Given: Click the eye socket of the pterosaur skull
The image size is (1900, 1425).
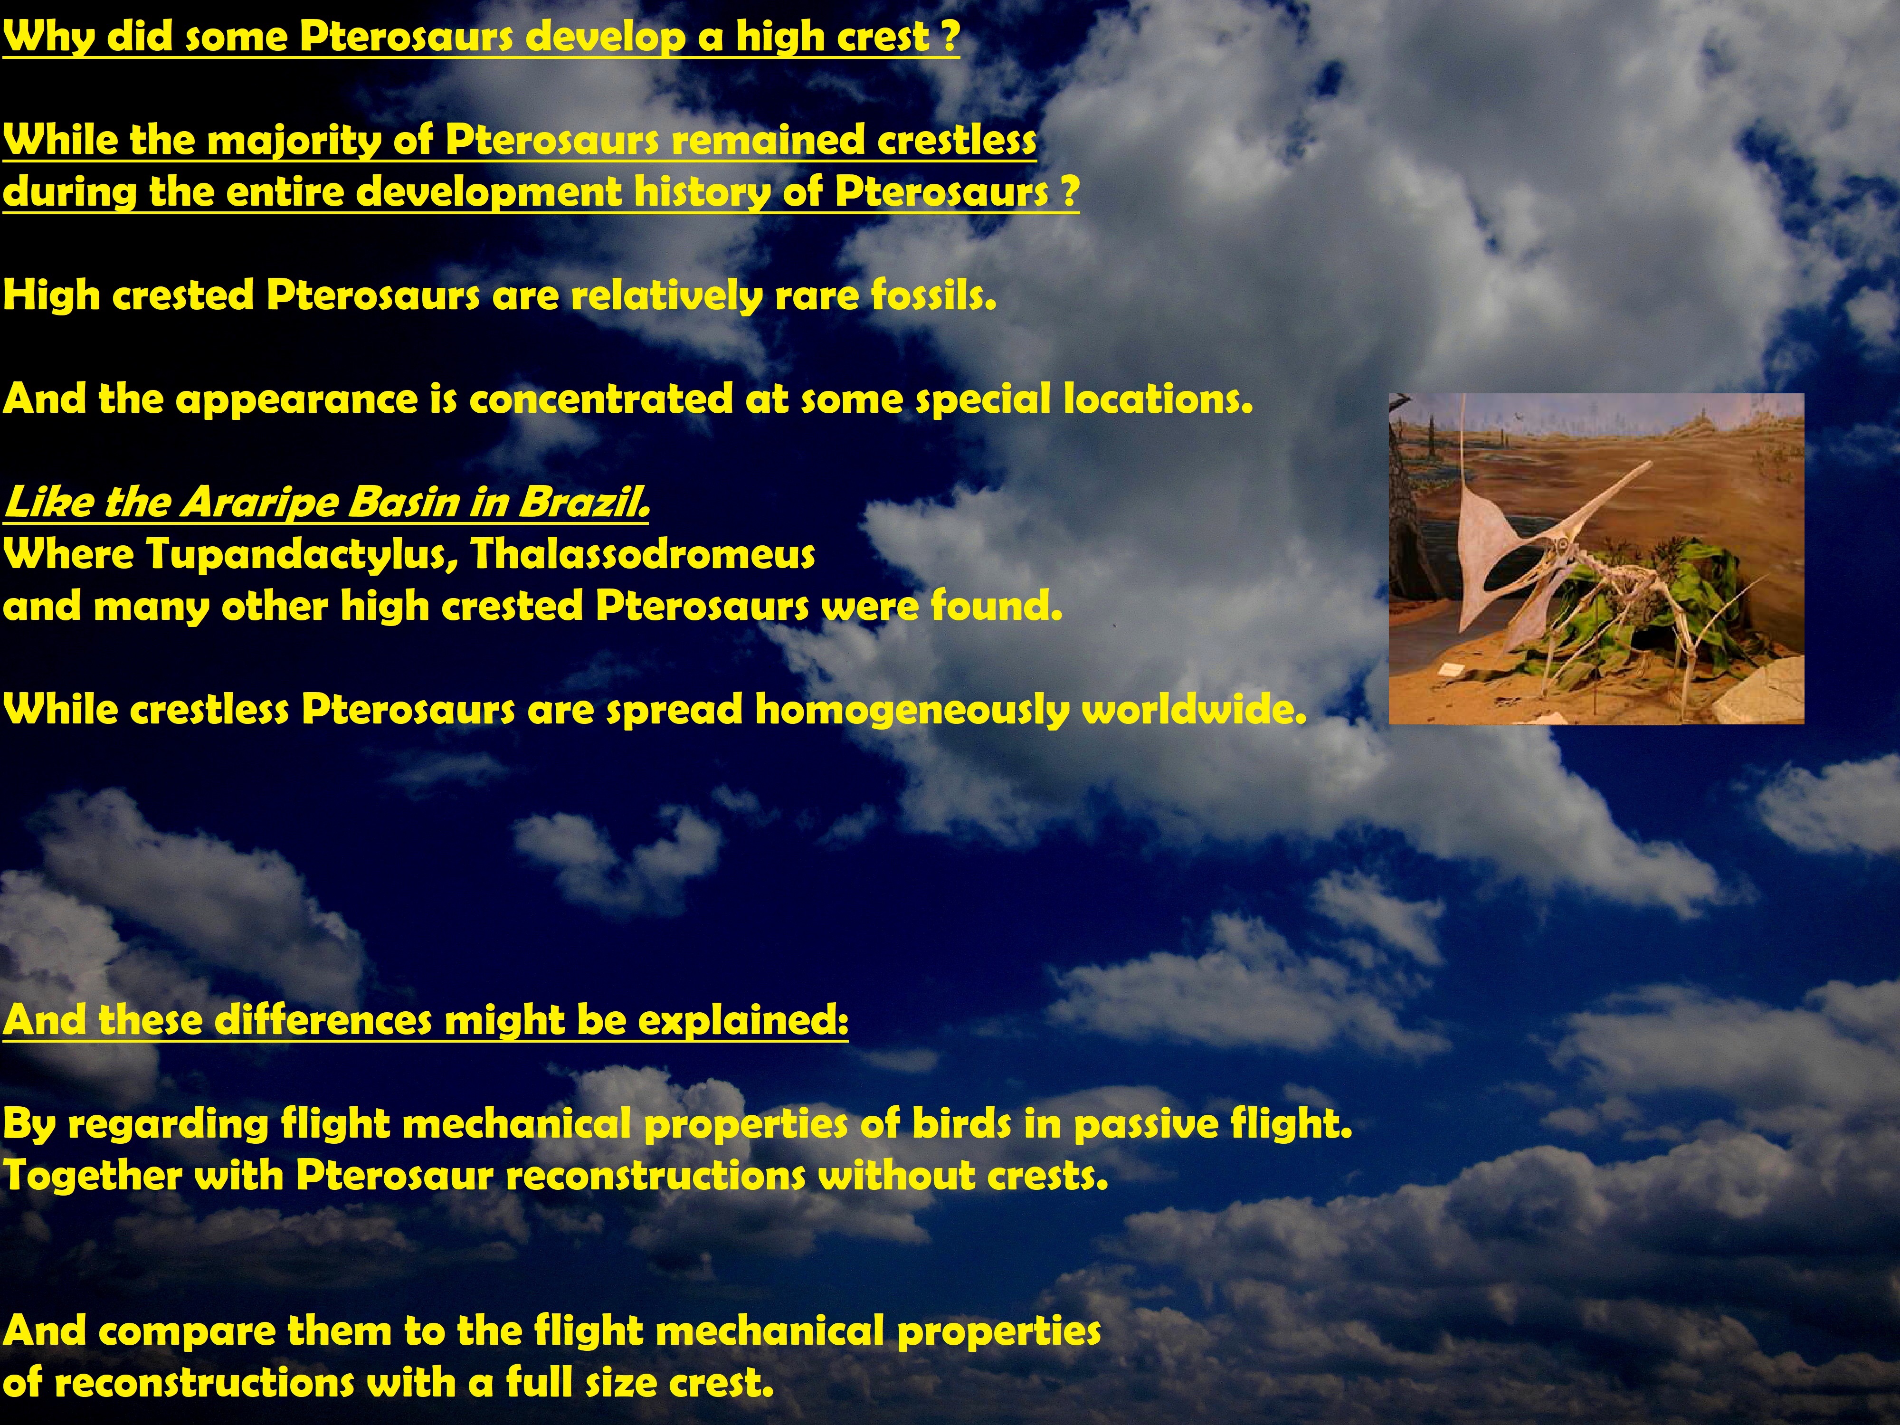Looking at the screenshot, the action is click(x=1563, y=547).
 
